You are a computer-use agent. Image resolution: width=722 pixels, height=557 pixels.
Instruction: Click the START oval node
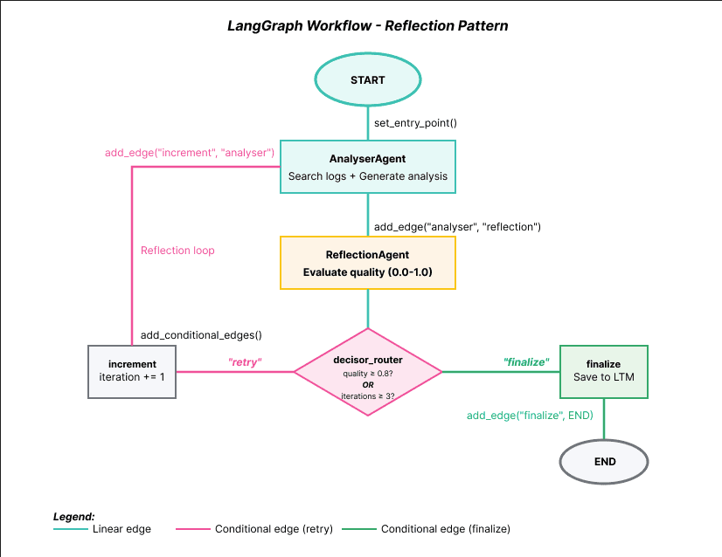point(367,80)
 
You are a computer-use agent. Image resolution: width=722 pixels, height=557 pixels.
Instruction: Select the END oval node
point(604,461)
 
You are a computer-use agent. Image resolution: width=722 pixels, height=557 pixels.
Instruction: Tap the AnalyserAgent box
point(367,167)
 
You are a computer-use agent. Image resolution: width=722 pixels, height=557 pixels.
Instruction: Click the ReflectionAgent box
point(367,263)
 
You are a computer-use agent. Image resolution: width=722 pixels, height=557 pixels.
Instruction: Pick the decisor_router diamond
point(367,372)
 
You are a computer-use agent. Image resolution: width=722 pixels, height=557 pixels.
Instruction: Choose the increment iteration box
point(132,371)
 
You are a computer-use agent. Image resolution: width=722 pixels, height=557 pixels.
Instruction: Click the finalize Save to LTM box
point(604,371)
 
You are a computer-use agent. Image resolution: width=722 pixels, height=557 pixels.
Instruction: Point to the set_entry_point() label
point(415,123)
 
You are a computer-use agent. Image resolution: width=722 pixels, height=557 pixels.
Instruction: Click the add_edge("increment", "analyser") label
point(190,153)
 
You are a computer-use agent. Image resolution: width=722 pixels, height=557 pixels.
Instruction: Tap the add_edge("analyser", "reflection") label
point(457,227)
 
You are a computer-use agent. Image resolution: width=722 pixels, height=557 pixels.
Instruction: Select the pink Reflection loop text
point(177,251)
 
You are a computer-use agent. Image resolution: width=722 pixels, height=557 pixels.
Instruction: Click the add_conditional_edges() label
point(201,334)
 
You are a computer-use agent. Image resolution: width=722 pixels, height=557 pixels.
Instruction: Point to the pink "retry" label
point(246,361)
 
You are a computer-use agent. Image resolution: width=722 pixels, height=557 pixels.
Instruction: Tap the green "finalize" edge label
point(525,361)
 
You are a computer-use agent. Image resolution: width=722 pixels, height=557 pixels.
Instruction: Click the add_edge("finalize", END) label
point(530,416)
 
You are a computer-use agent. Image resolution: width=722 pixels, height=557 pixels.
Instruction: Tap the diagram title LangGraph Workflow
point(367,25)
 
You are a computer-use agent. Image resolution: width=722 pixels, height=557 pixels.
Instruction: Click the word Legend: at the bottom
point(74,516)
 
